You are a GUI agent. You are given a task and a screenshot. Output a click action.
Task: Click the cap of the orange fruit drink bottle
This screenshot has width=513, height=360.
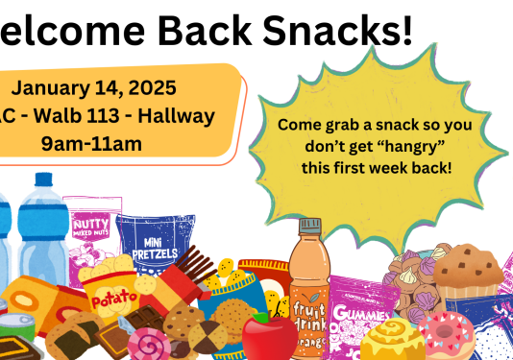309,228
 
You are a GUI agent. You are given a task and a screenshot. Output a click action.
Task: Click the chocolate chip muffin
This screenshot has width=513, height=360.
469,269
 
